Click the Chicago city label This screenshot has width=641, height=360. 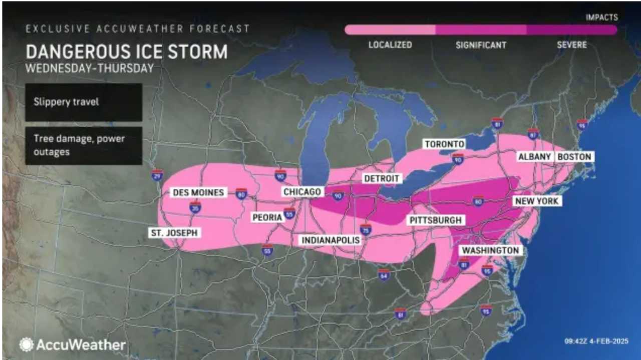[302, 192]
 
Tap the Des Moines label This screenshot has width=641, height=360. [199, 192]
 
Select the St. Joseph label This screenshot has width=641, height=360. [175, 233]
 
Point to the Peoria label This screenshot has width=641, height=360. [267, 217]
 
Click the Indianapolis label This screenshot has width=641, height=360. [331, 240]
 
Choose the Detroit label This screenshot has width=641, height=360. [382, 178]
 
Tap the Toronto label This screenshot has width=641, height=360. [444, 144]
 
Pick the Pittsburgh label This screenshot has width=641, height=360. [435, 220]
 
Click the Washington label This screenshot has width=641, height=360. [490, 250]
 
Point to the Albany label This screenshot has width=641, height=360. [534, 157]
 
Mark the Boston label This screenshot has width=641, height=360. [574, 157]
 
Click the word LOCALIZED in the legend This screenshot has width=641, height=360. [390, 45]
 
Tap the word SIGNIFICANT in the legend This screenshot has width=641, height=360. [481, 45]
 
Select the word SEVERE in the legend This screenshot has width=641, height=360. [571, 45]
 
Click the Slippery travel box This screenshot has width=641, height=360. [84, 102]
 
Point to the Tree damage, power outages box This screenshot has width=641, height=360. [84, 145]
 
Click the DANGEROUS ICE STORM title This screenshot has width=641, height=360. [126, 52]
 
